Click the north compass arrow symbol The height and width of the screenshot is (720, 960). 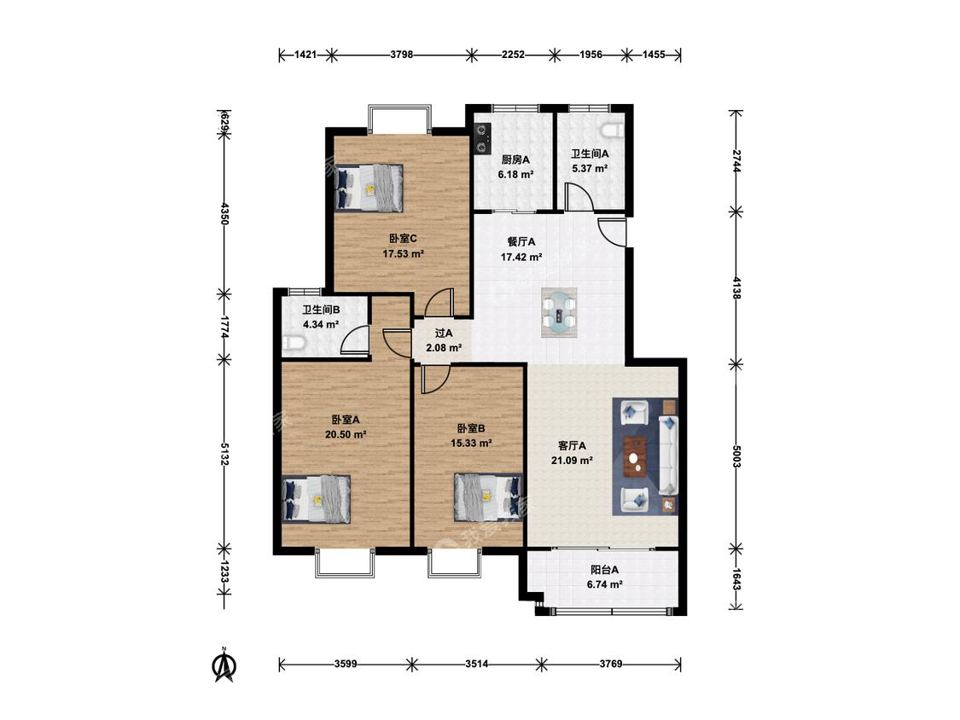224,665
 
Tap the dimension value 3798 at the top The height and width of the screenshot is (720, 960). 402,55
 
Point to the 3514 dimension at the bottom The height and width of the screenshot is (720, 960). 476,664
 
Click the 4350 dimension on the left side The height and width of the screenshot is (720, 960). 224,213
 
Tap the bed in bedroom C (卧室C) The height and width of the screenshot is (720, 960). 369,188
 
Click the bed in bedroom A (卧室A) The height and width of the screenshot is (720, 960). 317,499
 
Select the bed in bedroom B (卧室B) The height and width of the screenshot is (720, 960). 488,497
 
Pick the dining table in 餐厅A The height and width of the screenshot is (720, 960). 559,312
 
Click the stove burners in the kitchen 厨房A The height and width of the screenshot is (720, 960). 482,137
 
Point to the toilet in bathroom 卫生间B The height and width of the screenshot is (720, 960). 294,344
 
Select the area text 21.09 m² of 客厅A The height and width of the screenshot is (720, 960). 572,461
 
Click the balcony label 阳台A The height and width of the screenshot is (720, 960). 604,569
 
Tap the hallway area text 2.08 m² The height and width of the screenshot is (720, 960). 444,348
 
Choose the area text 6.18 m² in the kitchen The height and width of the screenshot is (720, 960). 515,174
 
